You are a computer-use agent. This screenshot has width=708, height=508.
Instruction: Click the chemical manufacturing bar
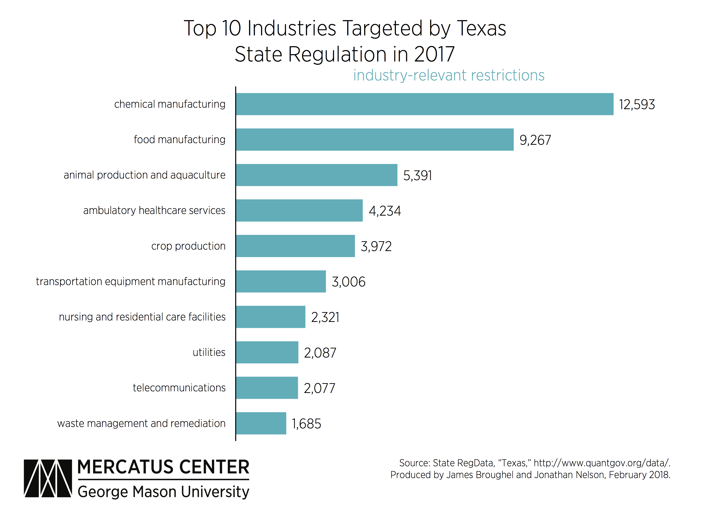tap(425, 104)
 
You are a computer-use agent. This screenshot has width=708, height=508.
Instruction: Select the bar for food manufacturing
tap(375, 139)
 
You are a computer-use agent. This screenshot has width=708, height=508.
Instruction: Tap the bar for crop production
tap(295, 246)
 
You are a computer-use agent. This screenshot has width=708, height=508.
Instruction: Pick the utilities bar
tap(267, 352)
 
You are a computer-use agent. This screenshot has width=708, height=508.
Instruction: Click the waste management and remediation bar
tap(261, 423)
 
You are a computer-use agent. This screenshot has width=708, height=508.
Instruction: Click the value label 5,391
tap(417, 176)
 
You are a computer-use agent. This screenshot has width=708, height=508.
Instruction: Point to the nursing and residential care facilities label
tap(142, 317)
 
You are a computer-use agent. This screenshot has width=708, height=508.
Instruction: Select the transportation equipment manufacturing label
tap(131, 282)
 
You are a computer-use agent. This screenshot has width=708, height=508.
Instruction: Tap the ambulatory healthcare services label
tap(154, 211)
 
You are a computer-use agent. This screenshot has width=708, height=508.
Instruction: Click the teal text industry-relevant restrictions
tap(449, 76)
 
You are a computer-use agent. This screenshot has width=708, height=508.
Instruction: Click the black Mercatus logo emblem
tap(48, 478)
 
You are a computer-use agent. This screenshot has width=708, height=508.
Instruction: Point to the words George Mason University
tap(163, 492)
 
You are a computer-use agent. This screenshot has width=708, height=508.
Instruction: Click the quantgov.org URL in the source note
tap(602, 463)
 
